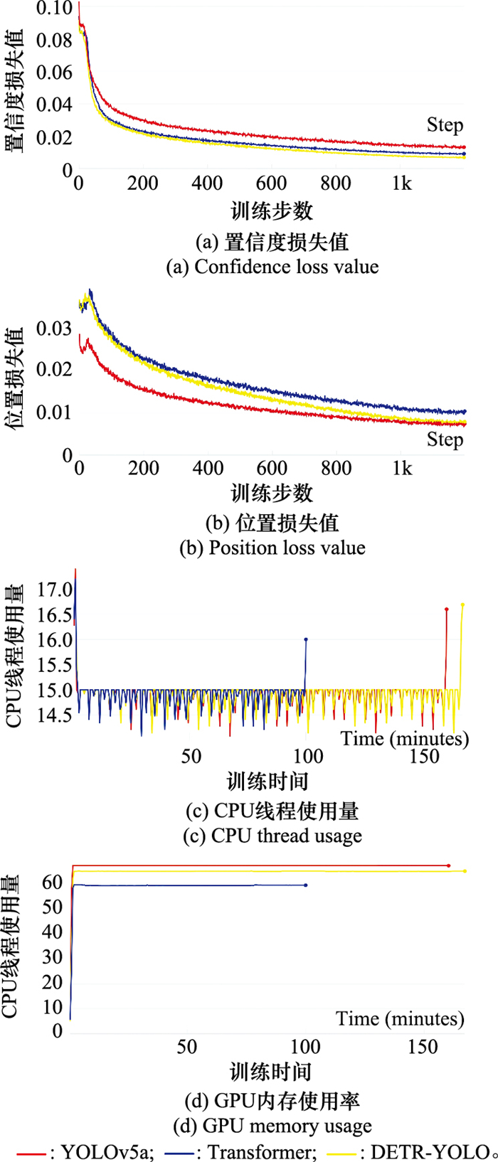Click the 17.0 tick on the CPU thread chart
(55, 590)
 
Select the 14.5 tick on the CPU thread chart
(55, 715)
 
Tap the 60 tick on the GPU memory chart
(53, 883)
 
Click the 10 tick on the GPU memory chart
(53, 1007)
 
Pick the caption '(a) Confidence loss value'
(272, 267)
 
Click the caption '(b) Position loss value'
(272, 548)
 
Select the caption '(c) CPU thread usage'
(272, 836)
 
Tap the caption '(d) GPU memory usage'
(272, 1126)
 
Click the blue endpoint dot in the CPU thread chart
(306, 639)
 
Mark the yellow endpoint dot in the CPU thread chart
(462, 605)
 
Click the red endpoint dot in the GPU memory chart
(449, 865)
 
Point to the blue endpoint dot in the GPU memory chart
(306, 885)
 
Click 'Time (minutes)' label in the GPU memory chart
(400, 1019)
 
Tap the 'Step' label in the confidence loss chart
(445, 125)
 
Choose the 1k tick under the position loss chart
(402, 468)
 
